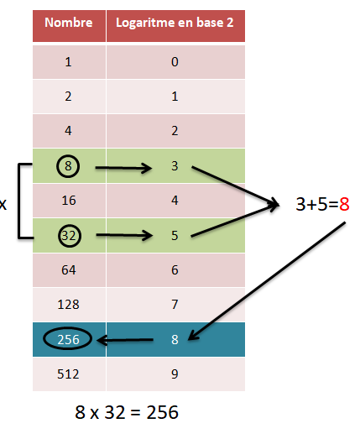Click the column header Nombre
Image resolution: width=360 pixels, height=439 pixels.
coord(69,23)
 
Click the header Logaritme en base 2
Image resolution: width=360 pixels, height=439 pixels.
coord(175,23)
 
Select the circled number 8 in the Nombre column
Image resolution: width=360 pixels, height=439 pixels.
coord(68,166)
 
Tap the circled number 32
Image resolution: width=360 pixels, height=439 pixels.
coord(70,236)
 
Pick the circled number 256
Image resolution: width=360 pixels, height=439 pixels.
coord(68,339)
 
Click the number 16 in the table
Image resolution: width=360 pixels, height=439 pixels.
coord(69,201)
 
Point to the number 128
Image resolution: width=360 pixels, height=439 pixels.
coord(68,305)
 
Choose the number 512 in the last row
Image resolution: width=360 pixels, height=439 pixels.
coord(68,374)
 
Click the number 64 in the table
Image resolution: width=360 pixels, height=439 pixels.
coord(69,270)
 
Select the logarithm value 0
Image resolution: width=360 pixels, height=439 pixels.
coord(175,62)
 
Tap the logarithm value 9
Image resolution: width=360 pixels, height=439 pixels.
coord(175,374)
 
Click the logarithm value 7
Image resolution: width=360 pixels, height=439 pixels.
coord(175,305)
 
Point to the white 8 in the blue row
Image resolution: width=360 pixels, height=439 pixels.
coord(175,339)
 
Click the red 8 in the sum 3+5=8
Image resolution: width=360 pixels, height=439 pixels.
coord(344,204)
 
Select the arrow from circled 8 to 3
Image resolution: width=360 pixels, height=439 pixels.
coord(123,168)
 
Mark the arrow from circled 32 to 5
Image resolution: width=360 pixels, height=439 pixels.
coord(124,235)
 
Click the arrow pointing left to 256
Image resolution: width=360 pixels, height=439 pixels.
coord(125,340)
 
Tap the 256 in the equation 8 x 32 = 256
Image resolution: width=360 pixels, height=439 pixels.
coord(162,412)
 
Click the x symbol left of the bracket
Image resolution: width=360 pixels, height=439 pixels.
coord(3,204)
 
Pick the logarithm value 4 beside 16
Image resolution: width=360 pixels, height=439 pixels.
coord(175,201)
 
